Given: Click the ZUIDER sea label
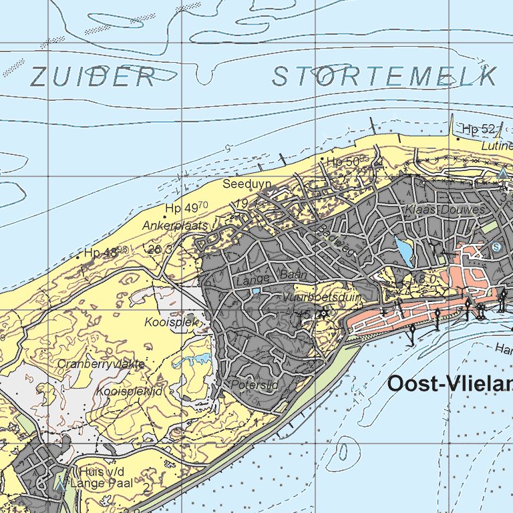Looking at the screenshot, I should click(x=93, y=77).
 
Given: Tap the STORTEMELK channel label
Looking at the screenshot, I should click(x=385, y=77).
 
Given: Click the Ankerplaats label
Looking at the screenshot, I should click(x=176, y=226).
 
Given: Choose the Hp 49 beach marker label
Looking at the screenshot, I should click(x=186, y=208).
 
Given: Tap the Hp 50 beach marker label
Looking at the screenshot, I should click(x=343, y=162).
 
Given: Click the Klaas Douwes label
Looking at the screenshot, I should click(x=444, y=210).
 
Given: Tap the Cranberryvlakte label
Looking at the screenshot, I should click(x=101, y=364).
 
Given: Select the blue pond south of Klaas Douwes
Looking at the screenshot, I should click(x=404, y=252).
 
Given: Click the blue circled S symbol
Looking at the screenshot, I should click(x=496, y=246).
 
